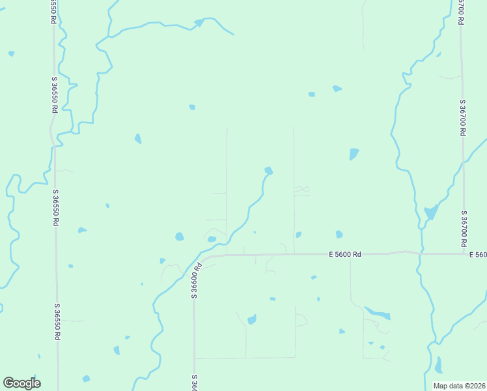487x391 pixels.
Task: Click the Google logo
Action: [21, 383]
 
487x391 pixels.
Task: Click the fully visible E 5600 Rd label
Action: [345, 255]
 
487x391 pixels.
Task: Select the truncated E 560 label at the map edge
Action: [478, 255]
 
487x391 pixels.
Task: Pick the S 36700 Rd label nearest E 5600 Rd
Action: [464, 227]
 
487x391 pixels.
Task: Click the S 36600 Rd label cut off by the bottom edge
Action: [194, 383]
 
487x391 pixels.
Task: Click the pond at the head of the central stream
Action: [268, 171]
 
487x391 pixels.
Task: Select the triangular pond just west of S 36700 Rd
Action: [431, 212]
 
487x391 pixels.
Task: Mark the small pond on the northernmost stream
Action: [199, 23]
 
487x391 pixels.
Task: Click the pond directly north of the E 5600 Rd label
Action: [339, 235]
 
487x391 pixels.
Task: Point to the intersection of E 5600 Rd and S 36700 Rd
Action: [464, 253]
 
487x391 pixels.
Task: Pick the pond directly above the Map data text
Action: [438, 365]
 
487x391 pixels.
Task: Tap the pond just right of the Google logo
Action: [86, 379]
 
